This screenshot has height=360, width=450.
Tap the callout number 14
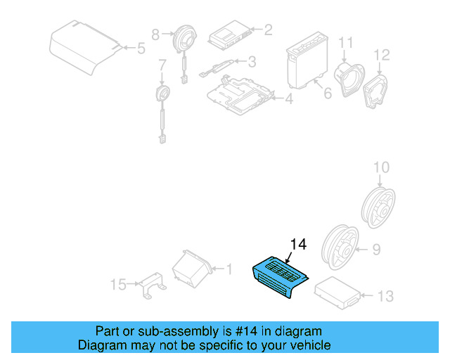tap(298, 245)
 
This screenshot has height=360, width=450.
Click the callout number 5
tap(141, 49)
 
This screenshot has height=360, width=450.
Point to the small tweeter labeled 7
tap(163, 95)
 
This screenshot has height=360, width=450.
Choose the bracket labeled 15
tap(151, 287)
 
